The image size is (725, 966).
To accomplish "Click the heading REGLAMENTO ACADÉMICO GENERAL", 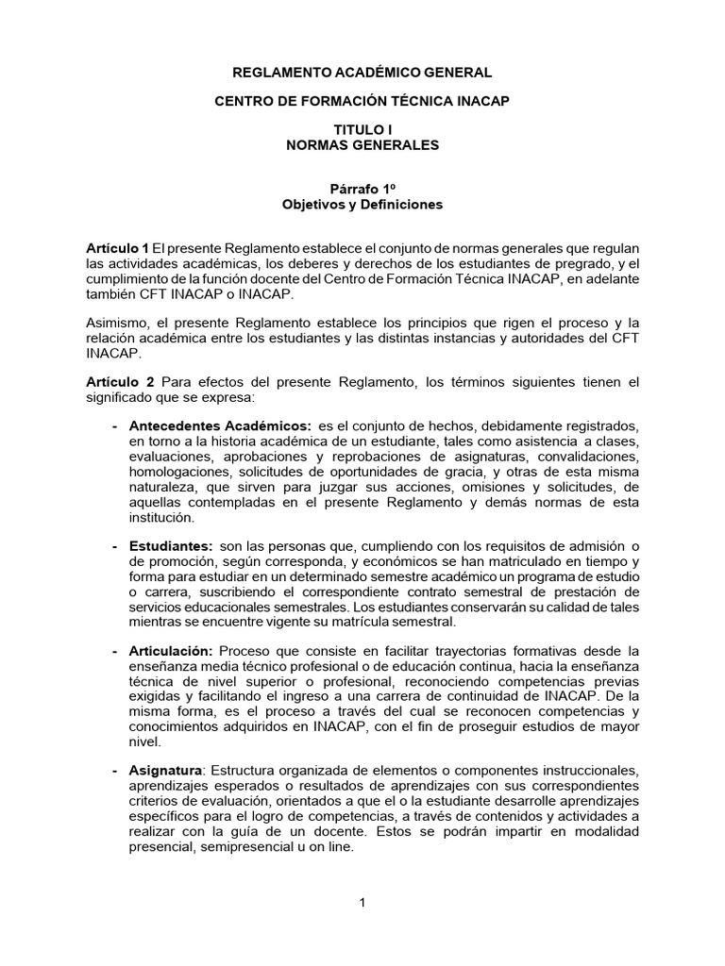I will click(362, 72).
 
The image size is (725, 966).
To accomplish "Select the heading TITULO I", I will click(362, 129).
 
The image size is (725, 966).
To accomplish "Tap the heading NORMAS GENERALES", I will click(362, 145).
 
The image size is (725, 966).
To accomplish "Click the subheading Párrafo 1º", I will click(362, 188).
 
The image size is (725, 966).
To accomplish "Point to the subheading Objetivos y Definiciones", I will click(362, 204).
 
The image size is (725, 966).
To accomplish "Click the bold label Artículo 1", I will click(117, 247).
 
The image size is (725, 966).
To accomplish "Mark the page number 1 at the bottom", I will click(362, 903).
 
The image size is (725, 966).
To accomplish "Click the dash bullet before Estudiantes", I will click(115, 547).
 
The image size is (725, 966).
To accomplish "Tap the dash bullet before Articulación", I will click(115, 652).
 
